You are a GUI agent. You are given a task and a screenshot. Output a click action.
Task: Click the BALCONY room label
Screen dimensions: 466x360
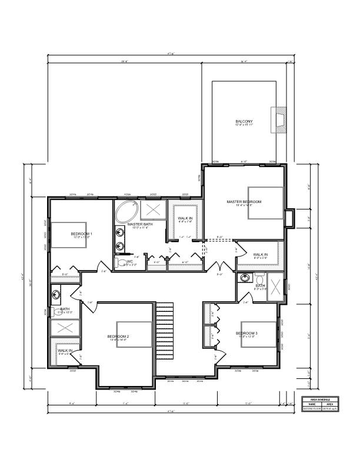[x=244, y=121]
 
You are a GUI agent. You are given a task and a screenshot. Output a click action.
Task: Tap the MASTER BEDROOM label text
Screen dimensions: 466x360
[x=244, y=202]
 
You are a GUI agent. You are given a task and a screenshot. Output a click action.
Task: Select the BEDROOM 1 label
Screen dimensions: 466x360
[x=82, y=234]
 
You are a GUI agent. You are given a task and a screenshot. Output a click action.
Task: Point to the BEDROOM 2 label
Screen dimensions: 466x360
[x=118, y=337]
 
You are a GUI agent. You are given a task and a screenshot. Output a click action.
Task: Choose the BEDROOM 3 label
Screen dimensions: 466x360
[x=246, y=333]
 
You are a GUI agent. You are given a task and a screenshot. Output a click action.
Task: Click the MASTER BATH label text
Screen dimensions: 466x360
[x=140, y=224]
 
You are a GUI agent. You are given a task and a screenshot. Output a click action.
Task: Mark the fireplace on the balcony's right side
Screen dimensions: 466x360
[x=278, y=120]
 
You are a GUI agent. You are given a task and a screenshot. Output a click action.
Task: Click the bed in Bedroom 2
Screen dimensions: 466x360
[x=130, y=335]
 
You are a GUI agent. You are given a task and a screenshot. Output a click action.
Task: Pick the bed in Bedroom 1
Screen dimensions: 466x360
[x=69, y=236]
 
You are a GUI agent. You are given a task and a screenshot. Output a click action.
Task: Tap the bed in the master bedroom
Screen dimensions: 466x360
[x=264, y=202]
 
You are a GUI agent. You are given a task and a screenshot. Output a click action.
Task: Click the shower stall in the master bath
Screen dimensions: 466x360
[x=155, y=209]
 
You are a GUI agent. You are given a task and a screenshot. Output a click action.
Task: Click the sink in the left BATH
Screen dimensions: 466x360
[x=56, y=293]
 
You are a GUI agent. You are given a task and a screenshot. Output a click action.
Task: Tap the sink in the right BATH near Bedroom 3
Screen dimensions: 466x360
[x=245, y=277]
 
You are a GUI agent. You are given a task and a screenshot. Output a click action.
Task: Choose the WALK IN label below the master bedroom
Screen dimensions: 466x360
[x=261, y=255]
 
